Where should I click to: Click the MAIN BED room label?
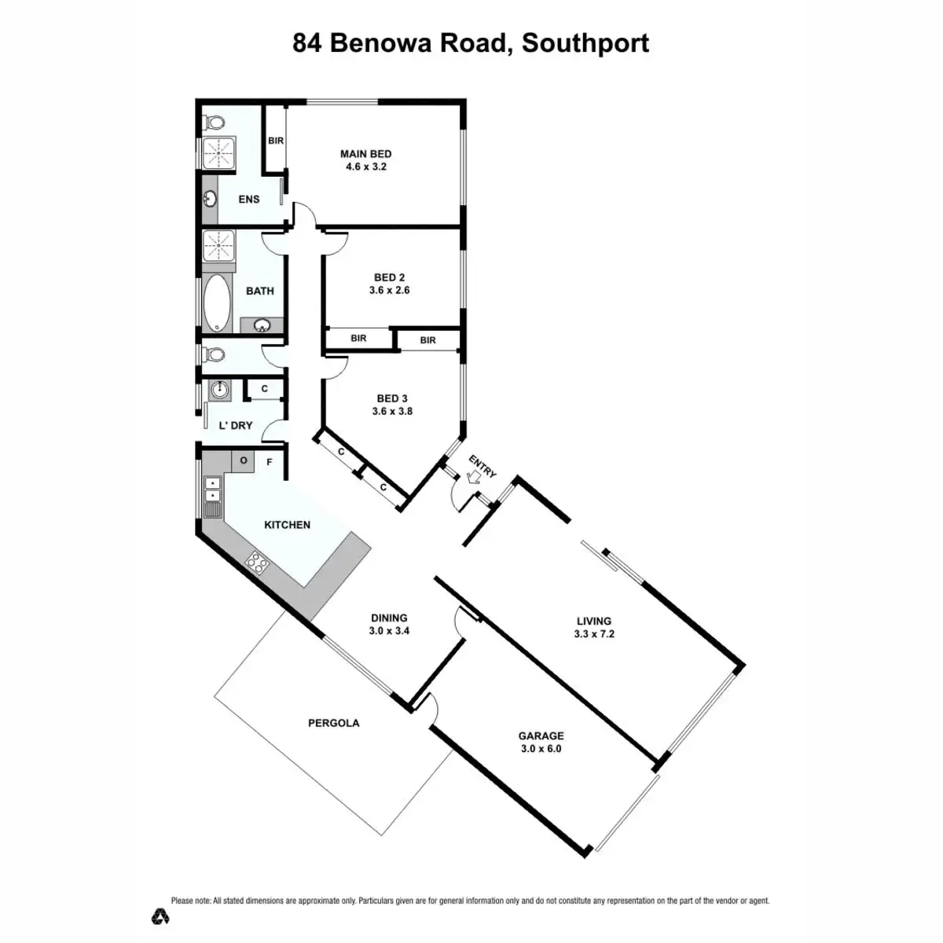[365, 154]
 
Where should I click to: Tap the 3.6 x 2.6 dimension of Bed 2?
[389, 290]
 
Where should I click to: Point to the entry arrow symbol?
[474, 476]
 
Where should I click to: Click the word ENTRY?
[483, 465]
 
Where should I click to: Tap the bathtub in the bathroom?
[217, 303]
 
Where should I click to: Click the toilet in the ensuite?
[213, 123]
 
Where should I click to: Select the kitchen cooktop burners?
[257, 561]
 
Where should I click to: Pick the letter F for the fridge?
[270, 462]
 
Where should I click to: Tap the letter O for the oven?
[244, 460]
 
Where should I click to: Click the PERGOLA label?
[334, 723]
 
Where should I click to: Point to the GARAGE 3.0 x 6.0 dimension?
[541, 749]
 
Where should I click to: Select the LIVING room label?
[594, 621]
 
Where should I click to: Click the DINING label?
[389, 618]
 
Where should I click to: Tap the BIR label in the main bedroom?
[276, 141]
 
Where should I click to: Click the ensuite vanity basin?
[211, 198]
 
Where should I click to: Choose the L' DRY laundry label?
[236, 425]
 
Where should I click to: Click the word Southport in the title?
[585, 42]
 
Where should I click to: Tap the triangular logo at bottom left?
[161, 915]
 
